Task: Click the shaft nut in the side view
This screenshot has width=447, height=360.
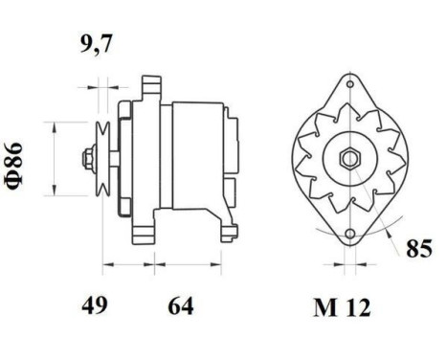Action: click(88, 158)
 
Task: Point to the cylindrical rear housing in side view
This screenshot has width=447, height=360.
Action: click(197, 153)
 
